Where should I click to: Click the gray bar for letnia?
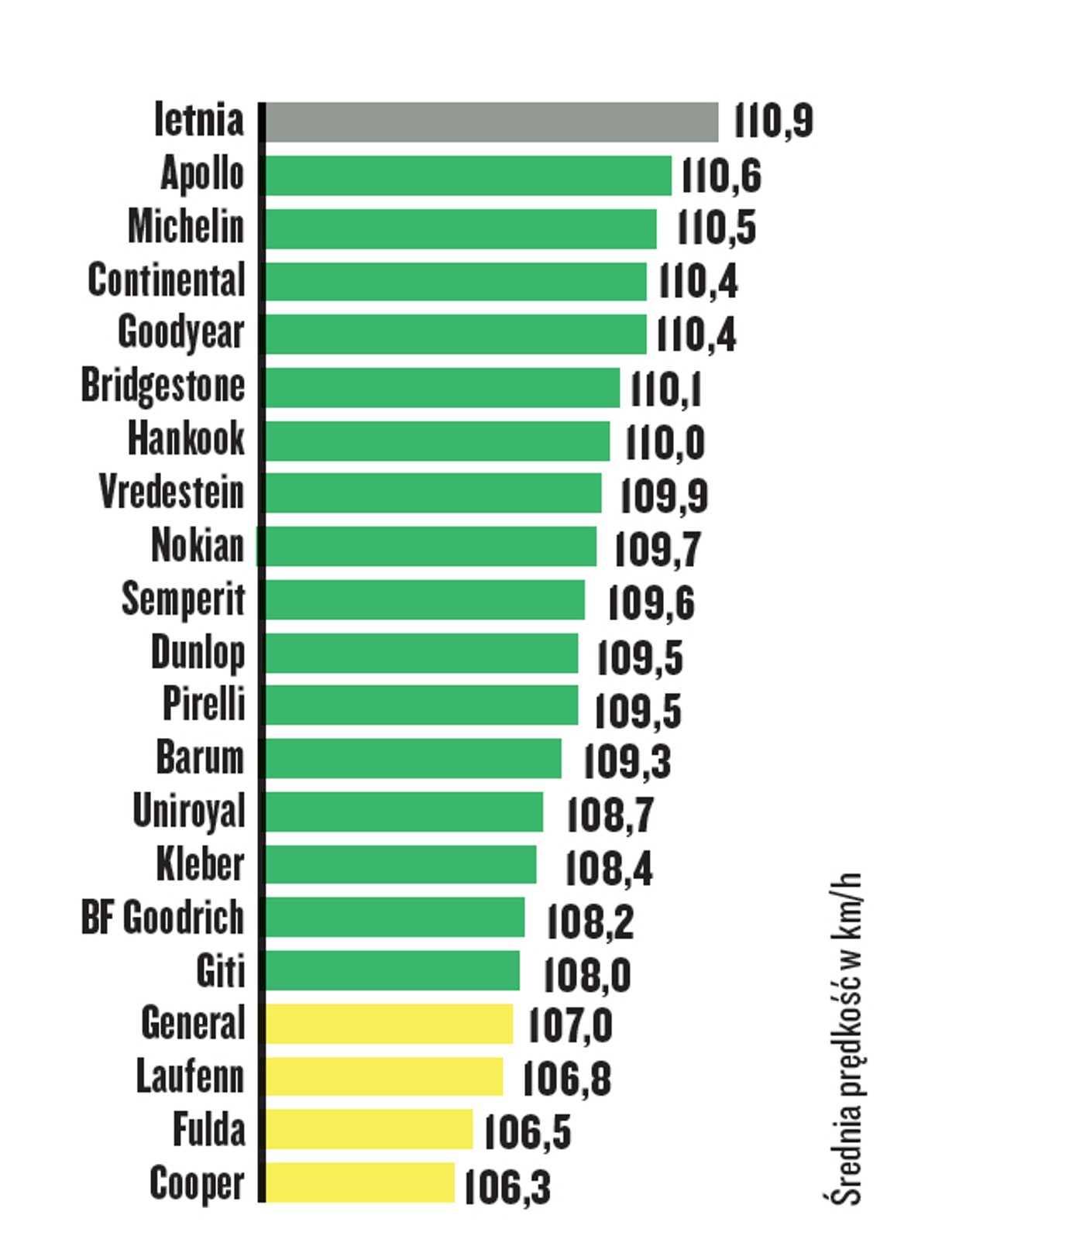point(491,122)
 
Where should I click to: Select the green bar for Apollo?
point(468,176)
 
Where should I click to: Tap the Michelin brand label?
point(186,228)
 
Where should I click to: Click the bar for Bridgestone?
point(442,387)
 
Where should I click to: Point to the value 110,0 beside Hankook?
point(665,442)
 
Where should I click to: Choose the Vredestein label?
point(171,493)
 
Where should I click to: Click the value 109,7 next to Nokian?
point(658,549)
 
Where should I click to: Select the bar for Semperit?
point(425,600)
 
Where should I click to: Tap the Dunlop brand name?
point(198,653)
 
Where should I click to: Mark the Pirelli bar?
point(421,705)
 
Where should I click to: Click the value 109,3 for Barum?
point(627,761)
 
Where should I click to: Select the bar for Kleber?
point(400,864)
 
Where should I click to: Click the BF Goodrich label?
point(163,918)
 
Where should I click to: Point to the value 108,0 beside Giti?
point(587,974)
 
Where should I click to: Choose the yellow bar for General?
point(389,1024)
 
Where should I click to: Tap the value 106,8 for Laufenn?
point(567,1079)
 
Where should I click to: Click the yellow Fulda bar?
point(369,1129)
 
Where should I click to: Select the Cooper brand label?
point(197,1184)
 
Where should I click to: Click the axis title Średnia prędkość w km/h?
point(846,1038)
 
